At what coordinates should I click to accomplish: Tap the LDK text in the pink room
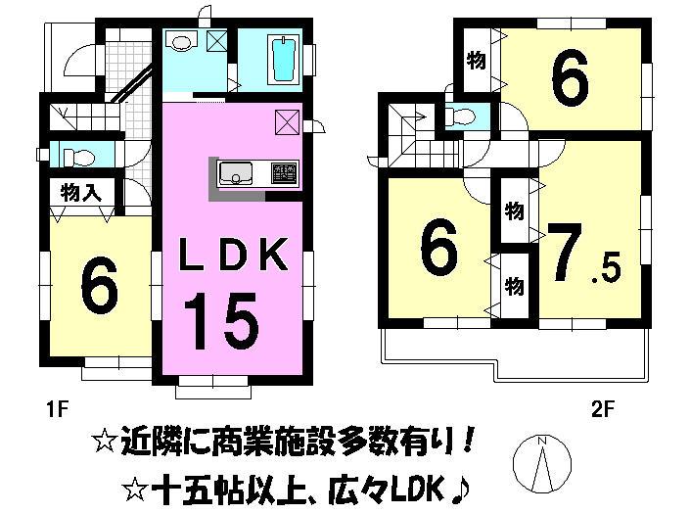233,257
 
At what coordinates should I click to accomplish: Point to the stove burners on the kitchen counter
282,173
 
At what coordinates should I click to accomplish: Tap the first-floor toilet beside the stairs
75,155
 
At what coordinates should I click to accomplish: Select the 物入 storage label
80,192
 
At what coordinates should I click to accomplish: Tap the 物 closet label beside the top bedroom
477,61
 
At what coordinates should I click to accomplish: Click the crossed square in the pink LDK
288,122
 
